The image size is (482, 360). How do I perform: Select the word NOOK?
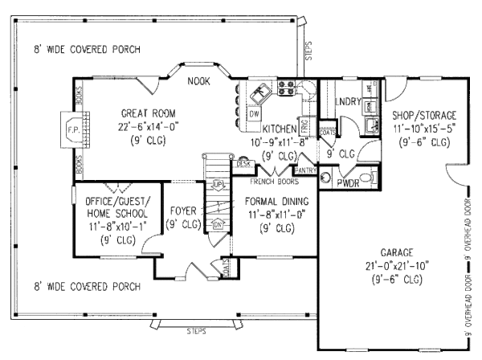point(198,82)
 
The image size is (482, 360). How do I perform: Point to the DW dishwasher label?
point(252,115)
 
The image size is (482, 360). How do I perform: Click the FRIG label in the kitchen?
point(305,125)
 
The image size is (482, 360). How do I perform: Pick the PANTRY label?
point(305,170)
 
